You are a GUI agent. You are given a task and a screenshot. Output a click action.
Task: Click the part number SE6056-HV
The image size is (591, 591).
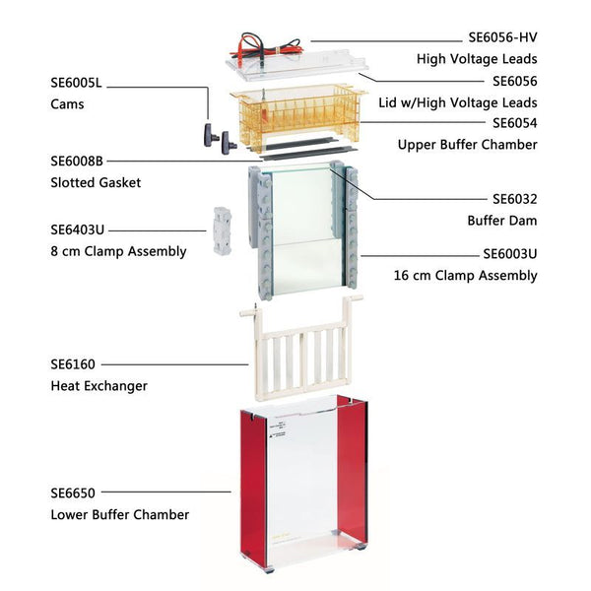click(x=502, y=37)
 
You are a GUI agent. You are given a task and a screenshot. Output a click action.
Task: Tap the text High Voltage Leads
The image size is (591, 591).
click(x=477, y=59)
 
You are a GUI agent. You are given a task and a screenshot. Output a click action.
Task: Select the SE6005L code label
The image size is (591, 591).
click(x=76, y=83)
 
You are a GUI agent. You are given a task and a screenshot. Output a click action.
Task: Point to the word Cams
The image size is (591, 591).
click(x=67, y=104)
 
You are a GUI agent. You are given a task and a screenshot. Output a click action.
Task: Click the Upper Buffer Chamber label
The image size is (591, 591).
click(x=467, y=145)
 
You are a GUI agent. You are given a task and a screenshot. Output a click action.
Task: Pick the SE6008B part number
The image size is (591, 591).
click(x=77, y=161)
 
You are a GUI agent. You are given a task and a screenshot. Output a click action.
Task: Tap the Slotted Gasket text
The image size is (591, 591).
click(x=96, y=182)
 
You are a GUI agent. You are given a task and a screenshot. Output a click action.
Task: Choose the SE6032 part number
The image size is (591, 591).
click(x=515, y=199)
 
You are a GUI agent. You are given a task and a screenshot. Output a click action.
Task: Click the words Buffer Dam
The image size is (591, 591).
click(x=502, y=221)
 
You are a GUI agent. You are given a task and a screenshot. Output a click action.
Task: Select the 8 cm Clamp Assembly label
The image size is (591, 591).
click(x=118, y=251)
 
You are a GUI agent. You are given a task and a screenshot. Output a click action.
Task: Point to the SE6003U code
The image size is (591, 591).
click(x=510, y=254)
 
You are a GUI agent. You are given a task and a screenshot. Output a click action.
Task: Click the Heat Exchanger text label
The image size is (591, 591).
click(x=98, y=386)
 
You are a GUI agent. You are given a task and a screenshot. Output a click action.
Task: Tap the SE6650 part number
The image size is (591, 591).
click(x=73, y=493)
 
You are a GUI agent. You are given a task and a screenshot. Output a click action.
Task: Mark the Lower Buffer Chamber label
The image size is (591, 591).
click(x=120, y=514)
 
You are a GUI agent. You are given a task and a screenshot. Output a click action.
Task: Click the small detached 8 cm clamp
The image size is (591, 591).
click(x=223, y=231)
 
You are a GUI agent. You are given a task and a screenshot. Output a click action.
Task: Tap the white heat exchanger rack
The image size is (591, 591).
click(x=301, y=349)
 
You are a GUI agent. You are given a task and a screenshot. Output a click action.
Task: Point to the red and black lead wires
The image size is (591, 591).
click(x=268, y=47)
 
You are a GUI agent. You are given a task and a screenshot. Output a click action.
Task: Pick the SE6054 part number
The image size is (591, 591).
click(x=515, y=123)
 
